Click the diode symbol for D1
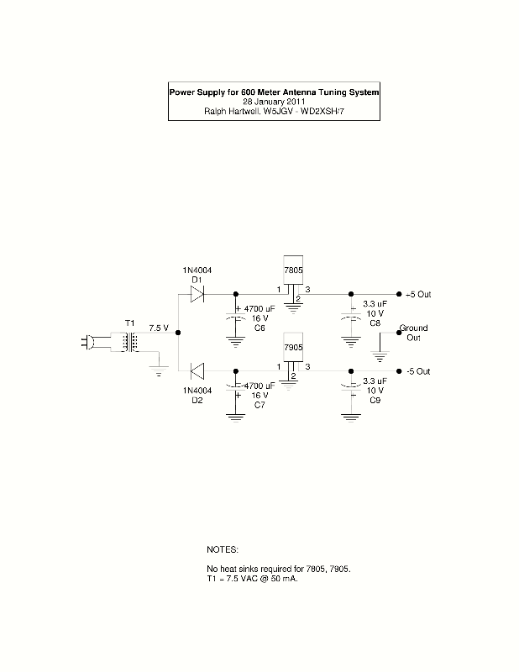coord(197,294)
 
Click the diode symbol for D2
coord(197,371)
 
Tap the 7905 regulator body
coord(293,353)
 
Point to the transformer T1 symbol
coord(129,343)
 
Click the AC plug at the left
coord(89,342)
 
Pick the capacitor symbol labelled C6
coord(235,318)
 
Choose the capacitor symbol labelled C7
coord(235,388)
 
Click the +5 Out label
coord(418,295)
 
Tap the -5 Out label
coord(418,371)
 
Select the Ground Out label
coord(413,333)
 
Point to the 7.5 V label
coord(159,328)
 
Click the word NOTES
coord(223,549)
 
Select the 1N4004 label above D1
coord(197,270)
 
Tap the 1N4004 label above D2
coord(197,390)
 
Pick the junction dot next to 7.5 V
coord(179,333)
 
